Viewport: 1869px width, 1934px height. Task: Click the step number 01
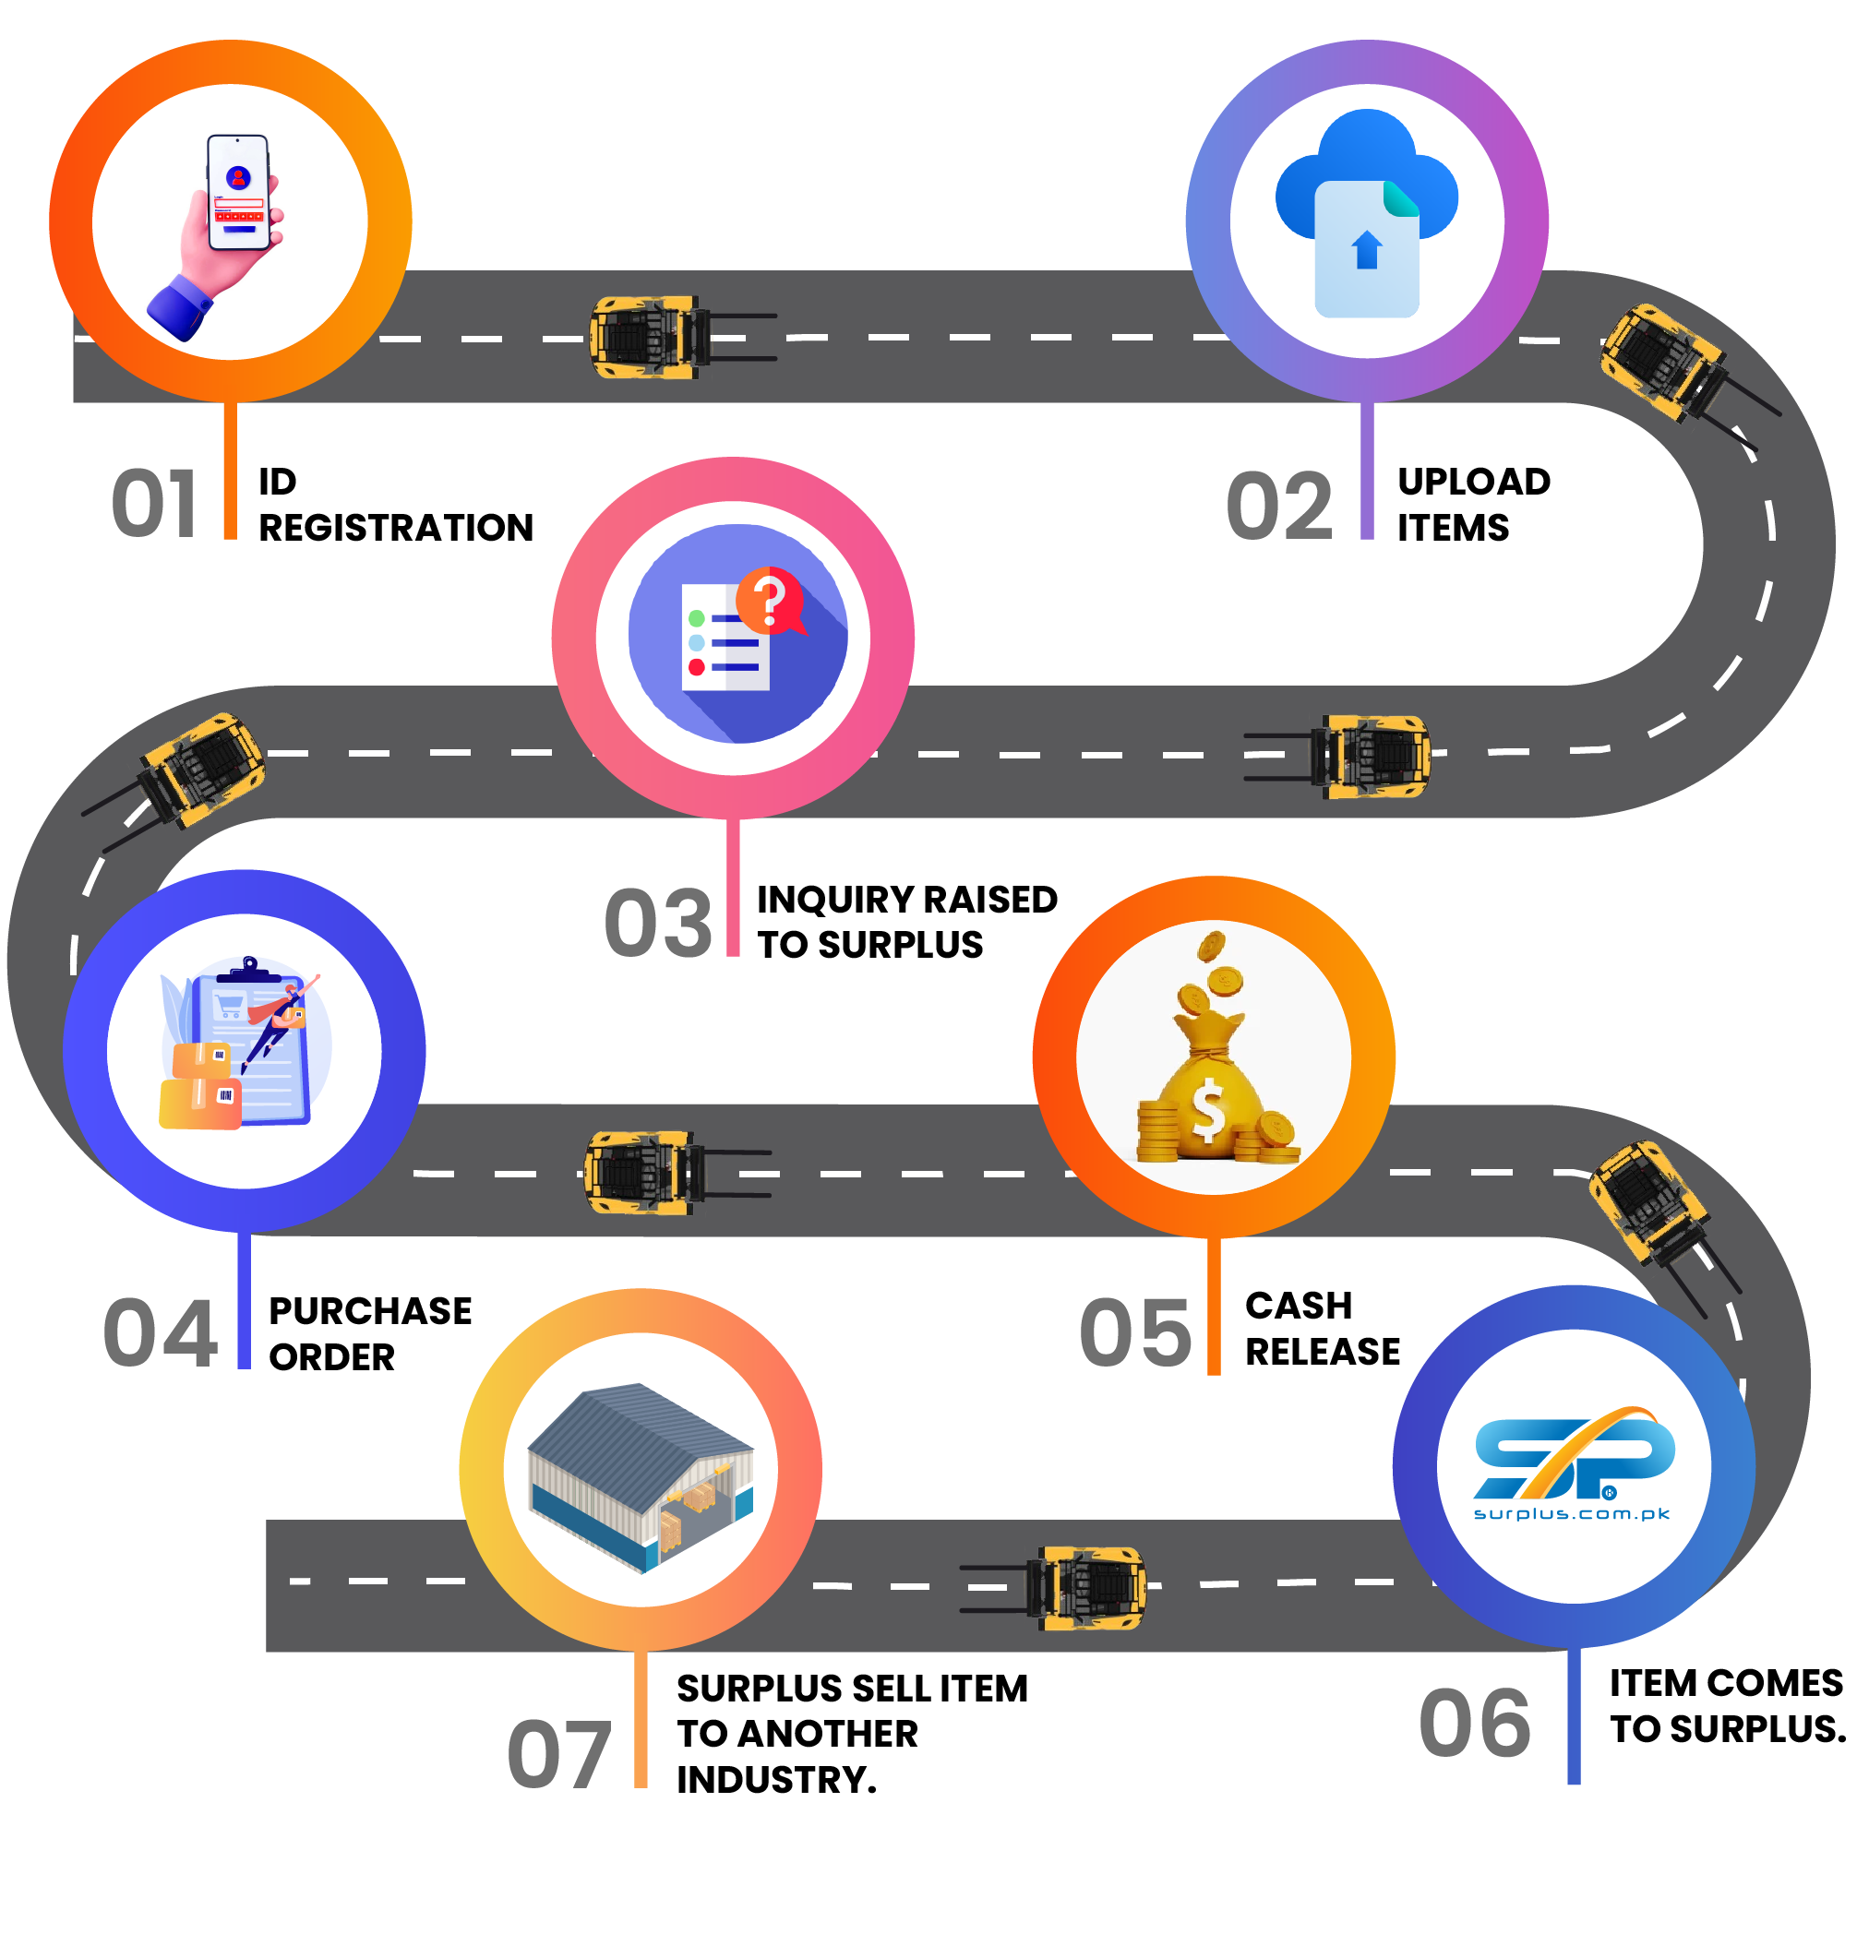[x=154, y=506]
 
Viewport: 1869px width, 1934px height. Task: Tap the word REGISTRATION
[x=396, y=529]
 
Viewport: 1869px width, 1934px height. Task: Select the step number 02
[x=1279, y=507]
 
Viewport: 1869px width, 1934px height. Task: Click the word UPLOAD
[x=1473, y=483]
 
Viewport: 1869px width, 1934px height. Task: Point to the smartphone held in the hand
[x=238, y=193]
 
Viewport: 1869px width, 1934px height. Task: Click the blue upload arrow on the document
[x=1367, y=250]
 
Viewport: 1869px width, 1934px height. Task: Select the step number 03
[x=658, y=925]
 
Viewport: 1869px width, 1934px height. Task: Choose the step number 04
[x=161, y=1334]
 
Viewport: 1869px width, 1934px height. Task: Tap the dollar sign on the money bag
[x=1208, y=1111]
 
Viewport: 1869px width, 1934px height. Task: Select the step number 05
[x=1136, y=1335]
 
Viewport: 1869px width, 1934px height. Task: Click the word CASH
[x=1299, y=1307]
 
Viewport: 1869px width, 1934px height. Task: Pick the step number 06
[x=1475, y=1724]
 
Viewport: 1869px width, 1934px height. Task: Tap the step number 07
[x=559, y=1755]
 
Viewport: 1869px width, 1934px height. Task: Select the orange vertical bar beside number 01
[x=230, y=472]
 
